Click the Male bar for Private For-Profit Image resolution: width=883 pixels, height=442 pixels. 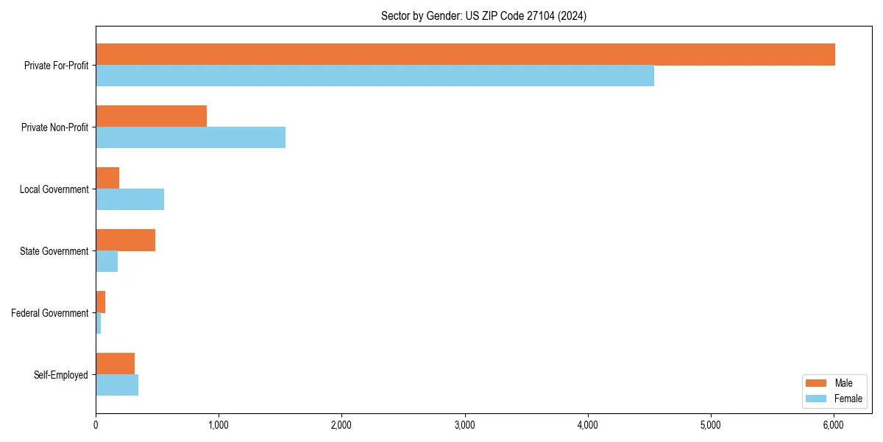[465, 55]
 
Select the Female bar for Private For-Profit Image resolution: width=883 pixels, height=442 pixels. [375, 76]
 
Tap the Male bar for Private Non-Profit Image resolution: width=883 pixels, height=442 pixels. [151, 116]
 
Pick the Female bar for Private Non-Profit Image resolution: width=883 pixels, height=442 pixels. [191, 138]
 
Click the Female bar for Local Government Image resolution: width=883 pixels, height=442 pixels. [130, 200]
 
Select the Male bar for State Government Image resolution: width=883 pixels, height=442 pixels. [125, 240]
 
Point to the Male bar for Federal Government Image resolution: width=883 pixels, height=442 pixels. [101, 302]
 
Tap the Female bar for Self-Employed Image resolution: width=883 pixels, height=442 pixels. [117, 385]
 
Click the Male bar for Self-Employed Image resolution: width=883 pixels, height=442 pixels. [115, 364]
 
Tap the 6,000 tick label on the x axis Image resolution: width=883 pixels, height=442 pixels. [833, 425]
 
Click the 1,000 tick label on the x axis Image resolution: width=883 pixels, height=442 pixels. [219, 425]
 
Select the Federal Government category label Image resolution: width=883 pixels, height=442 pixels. [50, 313]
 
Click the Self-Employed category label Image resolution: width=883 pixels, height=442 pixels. [61, 375]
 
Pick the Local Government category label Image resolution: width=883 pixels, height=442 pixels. [54, 189]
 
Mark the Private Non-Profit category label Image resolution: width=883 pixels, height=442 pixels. [54, 127]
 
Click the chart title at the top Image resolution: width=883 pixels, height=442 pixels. [483, 15]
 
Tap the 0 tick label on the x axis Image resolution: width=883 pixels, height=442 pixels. [96, 425]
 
